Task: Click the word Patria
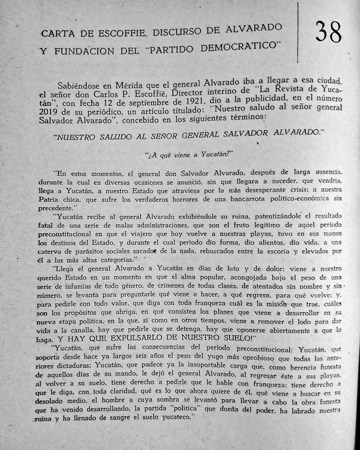(x=48, y=200)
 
